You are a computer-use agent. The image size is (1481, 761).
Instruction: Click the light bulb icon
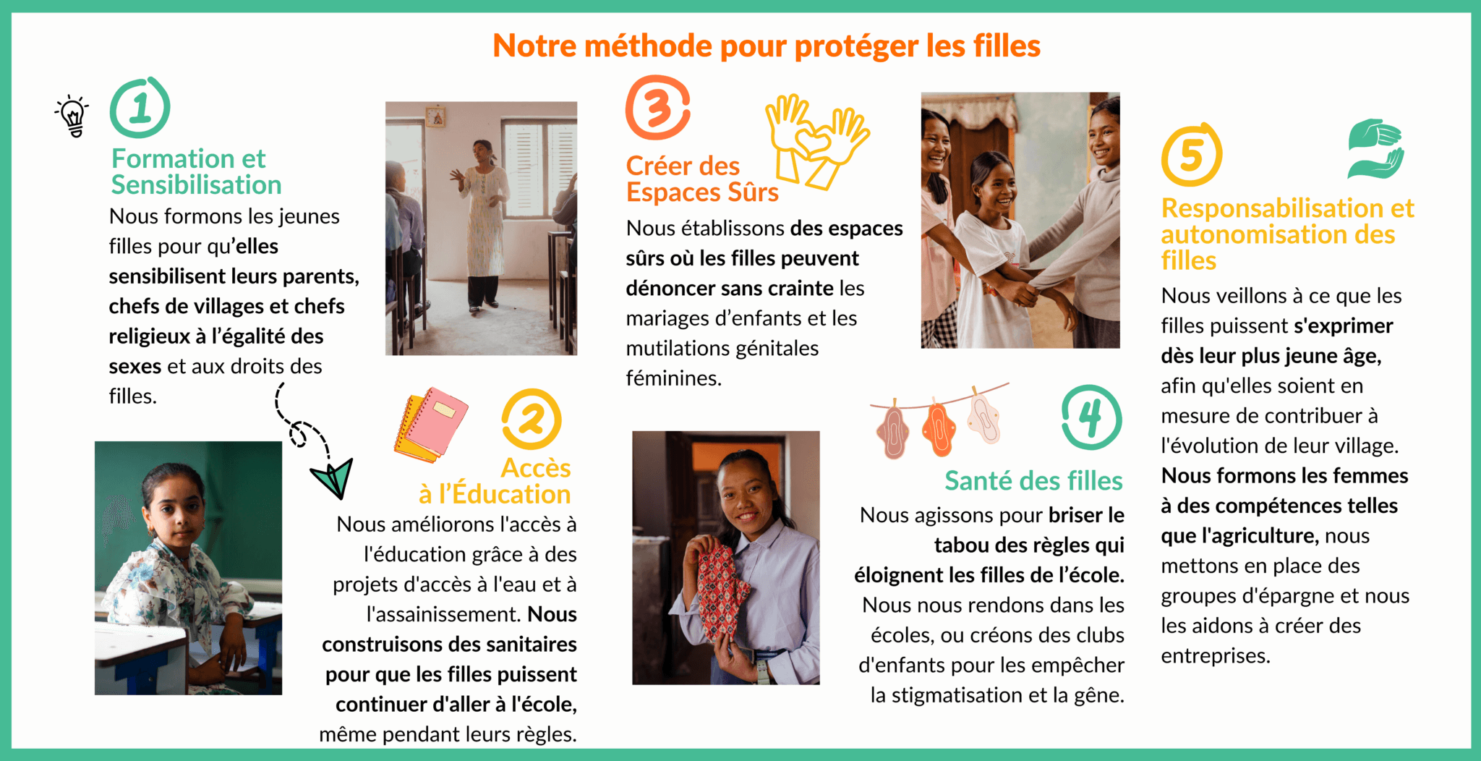coord(72,115)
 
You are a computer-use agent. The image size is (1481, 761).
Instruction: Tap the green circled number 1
coord(140,108)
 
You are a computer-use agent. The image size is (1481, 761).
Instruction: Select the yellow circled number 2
coord(532,419)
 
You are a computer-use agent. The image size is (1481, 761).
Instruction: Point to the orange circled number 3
coord(657,108)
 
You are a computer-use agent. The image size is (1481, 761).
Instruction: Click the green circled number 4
coord(1091,417)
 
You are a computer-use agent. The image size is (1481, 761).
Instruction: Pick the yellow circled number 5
coord(1191,155)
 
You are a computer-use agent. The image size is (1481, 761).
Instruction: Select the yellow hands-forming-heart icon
coord(818,142)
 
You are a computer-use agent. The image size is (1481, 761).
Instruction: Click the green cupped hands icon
coord(1375,148)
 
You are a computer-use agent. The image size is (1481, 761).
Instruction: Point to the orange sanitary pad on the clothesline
coord(939,428)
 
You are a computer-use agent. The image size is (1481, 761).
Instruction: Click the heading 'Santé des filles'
coord(1033,480)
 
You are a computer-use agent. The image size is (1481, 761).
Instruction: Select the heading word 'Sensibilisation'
coord(196,185)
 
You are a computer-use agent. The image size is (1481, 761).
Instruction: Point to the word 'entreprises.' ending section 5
coord(1216,656)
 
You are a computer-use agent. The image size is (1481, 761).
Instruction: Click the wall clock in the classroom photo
coord(435,116)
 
